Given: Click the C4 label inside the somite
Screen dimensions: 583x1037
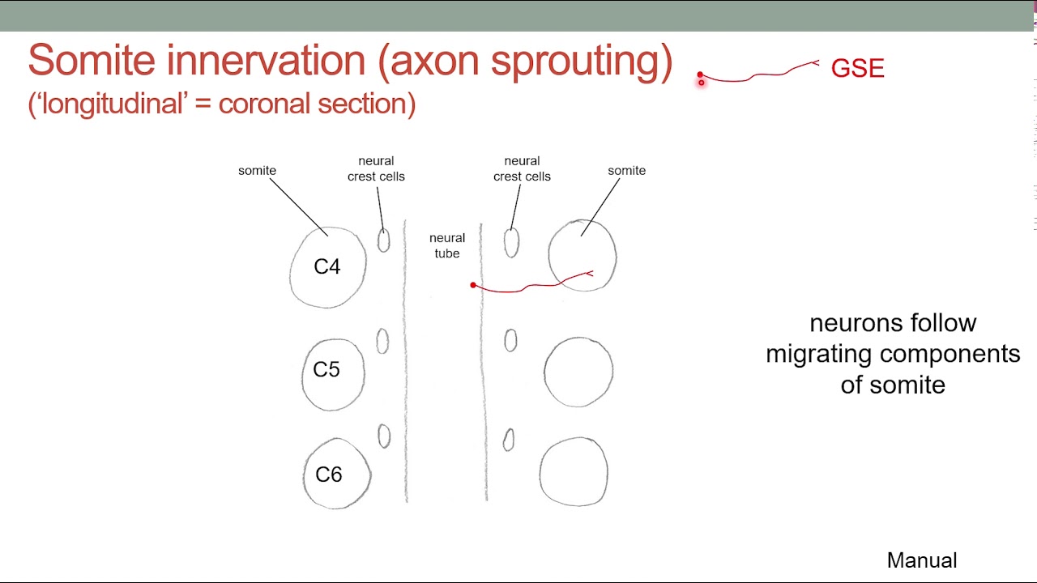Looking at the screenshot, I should (x=327, y=267).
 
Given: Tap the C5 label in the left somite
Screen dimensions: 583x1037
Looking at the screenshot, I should (x=326, y=370).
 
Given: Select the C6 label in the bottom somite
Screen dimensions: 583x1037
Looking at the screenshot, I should (x=328, y=474).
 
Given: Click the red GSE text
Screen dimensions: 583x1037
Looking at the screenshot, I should (x=857, y=69).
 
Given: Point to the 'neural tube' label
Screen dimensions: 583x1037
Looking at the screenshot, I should (x=447, y=245).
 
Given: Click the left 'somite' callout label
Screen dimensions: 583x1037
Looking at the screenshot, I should (x=257, y=171).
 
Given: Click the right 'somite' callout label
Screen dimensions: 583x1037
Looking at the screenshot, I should (x=626, y=171).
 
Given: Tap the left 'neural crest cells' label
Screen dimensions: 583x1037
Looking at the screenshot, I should (x=376, y=168).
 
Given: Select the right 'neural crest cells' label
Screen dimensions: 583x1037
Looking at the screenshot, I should (x=522, y=168).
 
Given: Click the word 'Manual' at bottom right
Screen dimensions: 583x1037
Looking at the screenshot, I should (x=922, y=560).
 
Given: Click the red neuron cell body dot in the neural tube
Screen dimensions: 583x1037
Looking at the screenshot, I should (x=473, y=285).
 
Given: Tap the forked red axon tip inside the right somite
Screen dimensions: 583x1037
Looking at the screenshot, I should (x=590, y=274).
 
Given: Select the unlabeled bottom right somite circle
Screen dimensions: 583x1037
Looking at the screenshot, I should (x=574, y=472).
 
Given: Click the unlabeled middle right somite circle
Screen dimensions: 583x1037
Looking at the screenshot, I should (x=578, y=372).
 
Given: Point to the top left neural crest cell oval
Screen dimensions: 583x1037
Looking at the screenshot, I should (x=383, y=240).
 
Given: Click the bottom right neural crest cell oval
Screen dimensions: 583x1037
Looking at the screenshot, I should (x=508, y=440).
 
